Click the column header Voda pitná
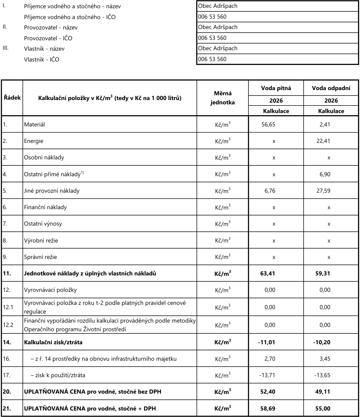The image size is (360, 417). pos(276,88)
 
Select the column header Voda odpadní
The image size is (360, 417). pos(331,88)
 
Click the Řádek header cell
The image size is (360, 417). pos(12,98)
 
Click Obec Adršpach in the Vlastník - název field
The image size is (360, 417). pos(218,48)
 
